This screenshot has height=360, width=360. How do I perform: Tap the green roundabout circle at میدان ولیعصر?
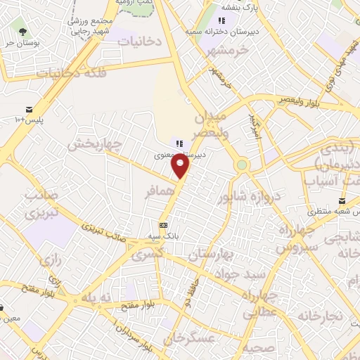tap(242, 165)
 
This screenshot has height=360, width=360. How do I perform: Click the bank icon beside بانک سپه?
tap(164, 225)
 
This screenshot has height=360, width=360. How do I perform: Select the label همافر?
tap(160, 191)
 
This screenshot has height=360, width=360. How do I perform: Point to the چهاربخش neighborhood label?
tap(95, 145)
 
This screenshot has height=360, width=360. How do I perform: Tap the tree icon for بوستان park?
tap(23, 31)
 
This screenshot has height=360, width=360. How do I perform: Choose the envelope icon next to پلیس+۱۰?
tap(30, 109)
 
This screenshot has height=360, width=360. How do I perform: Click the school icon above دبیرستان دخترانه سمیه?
tap(222, 20)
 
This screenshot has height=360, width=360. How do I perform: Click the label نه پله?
tap(96, 297)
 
